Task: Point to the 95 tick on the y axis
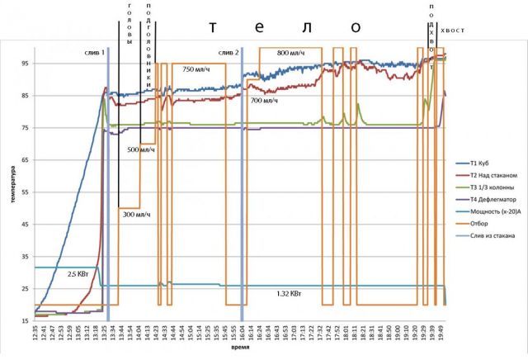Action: click(25, 64)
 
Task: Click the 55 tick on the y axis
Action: click(25, 191)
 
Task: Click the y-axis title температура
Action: click(12, 189)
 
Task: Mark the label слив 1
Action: click(95, 53)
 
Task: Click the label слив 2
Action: click(229, 53)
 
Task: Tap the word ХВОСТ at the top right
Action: click(453, 31)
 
